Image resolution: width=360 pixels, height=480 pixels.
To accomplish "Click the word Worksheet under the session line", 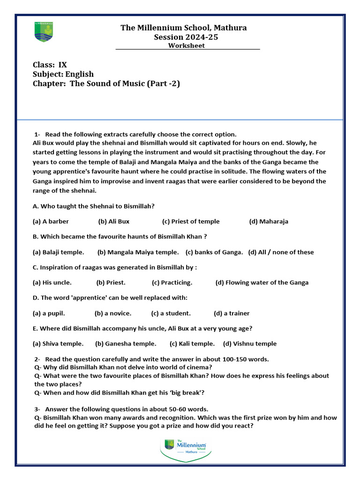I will click(187, 45).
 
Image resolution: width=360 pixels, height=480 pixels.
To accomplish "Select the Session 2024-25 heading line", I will click(186, 37).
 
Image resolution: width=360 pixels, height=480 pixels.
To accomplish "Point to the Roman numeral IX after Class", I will click(63, 65).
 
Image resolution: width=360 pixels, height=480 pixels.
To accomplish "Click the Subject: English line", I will click(63, 74).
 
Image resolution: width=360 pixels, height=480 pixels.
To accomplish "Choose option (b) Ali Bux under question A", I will click(114, 221).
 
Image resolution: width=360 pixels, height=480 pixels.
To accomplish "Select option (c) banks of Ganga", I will click(214, 252).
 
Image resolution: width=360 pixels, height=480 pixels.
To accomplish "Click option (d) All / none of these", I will click(281, 252).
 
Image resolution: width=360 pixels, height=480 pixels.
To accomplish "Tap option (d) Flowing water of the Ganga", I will click(262, 283).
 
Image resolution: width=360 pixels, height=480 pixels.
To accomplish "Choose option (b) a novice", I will click(113, 313).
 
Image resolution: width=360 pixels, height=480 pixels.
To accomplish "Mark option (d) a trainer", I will click(232, 313).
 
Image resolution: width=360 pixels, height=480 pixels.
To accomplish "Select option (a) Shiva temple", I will click(58, 344).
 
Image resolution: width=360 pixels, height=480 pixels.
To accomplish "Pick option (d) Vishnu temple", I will click(250, 344).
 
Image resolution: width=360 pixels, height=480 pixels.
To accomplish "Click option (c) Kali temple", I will click(192, 344).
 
